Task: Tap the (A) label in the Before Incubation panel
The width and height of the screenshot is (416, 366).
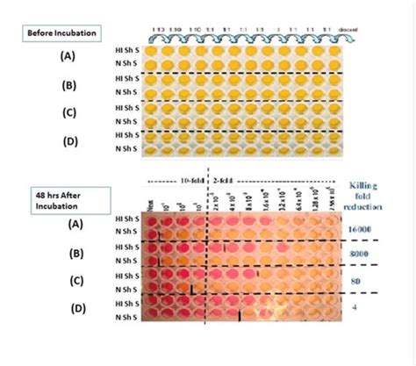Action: coord(68,54)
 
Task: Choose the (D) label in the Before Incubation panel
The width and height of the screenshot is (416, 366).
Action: coord(68,141)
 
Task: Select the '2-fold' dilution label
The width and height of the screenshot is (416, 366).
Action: coord(226,180)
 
